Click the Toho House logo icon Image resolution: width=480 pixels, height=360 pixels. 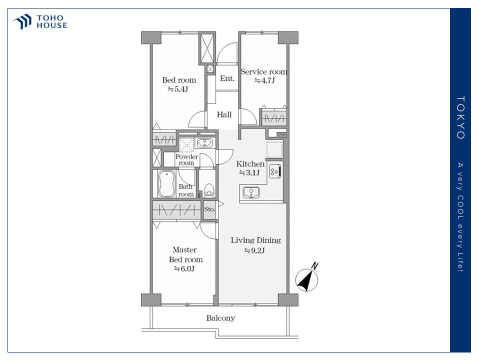tap(22, 21)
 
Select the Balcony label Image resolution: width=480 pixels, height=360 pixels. tap(220, 318)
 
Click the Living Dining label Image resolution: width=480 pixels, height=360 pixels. tap(256, 240)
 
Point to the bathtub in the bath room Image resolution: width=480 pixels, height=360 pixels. tap(166, 184)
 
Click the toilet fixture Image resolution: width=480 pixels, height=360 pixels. tap(209, 189)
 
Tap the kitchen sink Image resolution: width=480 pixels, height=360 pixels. tap(251, 192)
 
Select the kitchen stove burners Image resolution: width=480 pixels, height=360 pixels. tap(274, 171)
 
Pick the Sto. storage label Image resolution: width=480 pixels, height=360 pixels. tap(209, 209)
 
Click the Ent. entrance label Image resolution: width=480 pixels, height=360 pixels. tap(227, 78)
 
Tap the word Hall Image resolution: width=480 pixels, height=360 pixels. tap(224, 115)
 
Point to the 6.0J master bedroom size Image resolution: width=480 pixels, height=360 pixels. tap(184, 269)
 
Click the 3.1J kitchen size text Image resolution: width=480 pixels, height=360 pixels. tap(249, 173)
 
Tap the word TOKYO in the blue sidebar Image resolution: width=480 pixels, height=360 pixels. tap(460, 117)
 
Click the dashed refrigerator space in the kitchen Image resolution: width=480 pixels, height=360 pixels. tap(274, 149)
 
